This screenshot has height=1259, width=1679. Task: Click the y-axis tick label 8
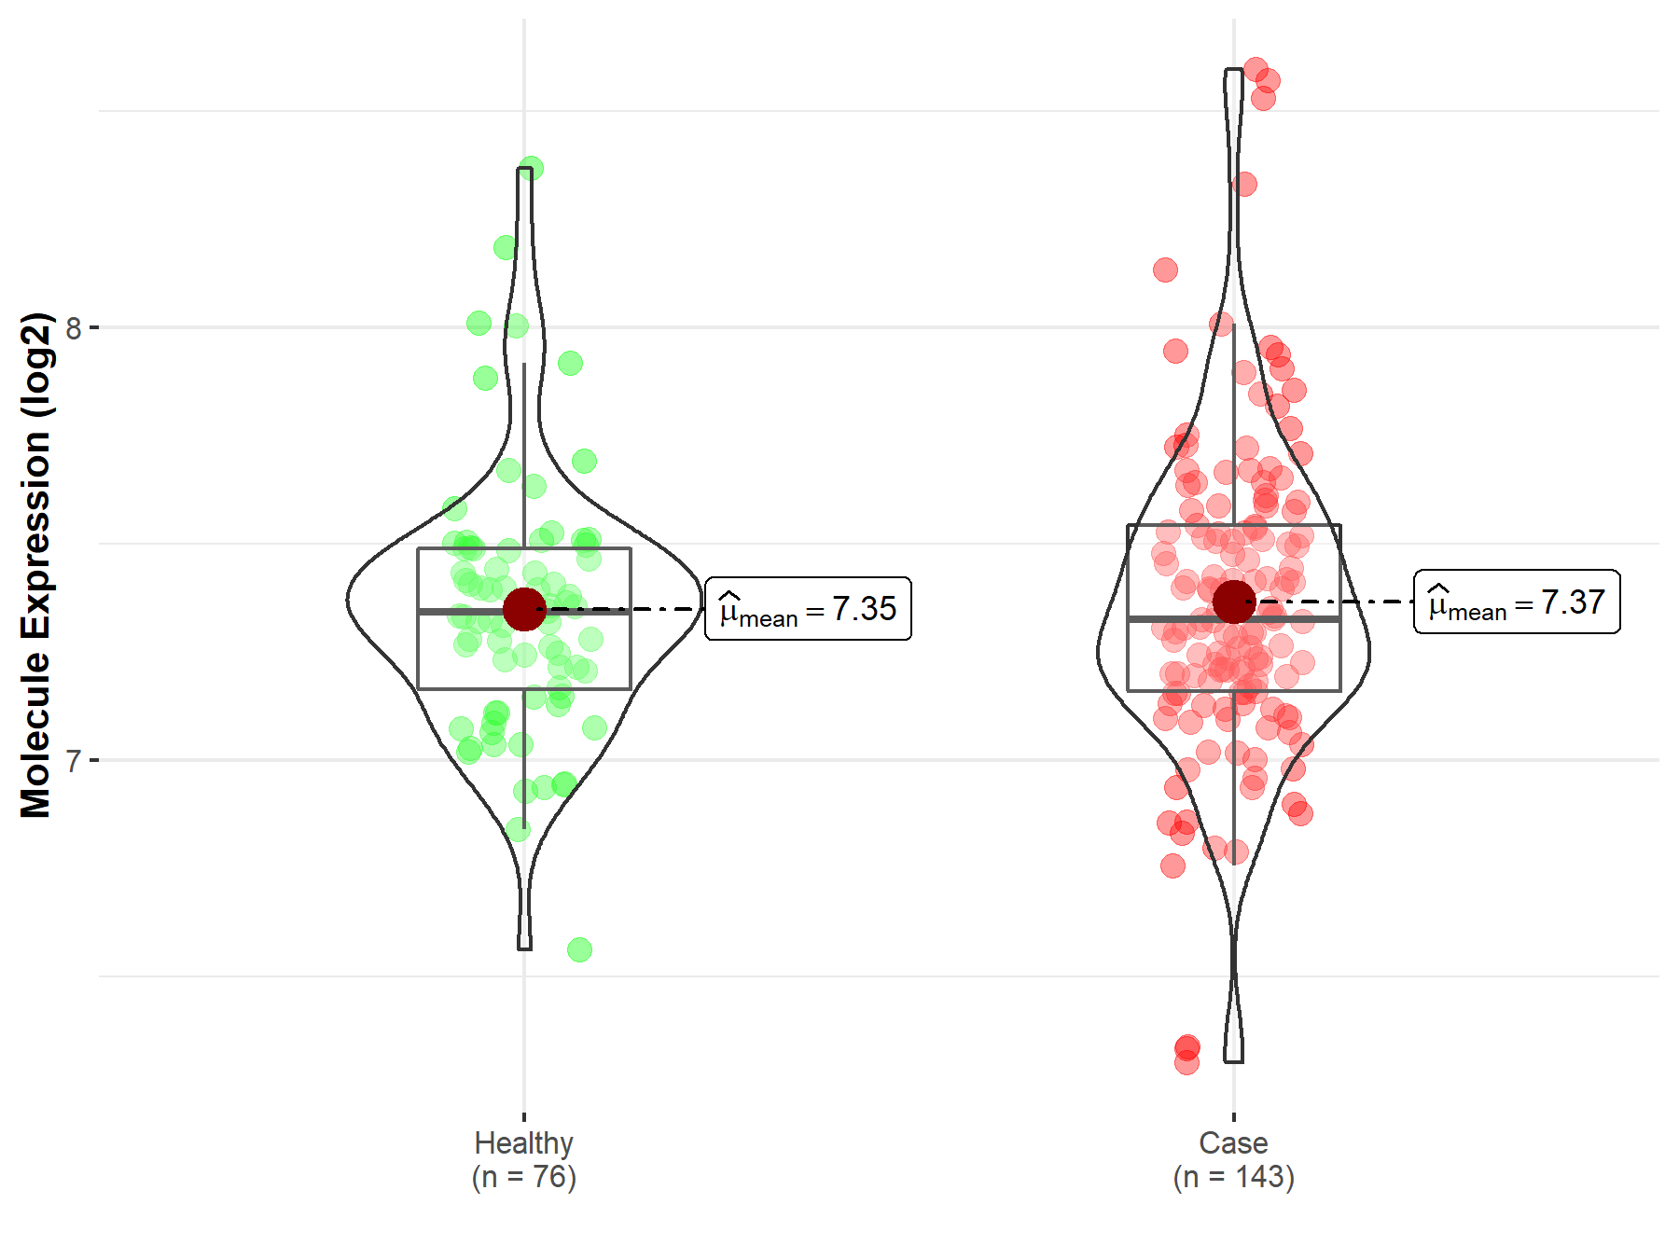click(x=74, y=328)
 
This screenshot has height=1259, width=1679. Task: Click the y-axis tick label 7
click(x=74, y=761)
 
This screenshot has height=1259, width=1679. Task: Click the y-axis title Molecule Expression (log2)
click(x=35, y=565)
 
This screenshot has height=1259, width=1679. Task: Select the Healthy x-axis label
click(x=523, y=1142)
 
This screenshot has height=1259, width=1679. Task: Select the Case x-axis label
click(x=1233, y=1142)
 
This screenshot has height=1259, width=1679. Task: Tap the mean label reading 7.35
click(x=808, y=609)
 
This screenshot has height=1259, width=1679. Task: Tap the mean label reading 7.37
click(x=1517, y=602)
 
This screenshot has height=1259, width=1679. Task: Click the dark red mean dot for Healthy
click(x=524, y=609)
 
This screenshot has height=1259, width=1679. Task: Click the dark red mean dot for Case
click(x=1234, y=602)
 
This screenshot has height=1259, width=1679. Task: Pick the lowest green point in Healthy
click(x=579, y=949)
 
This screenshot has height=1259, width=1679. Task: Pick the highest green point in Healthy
click(x=531, y=169)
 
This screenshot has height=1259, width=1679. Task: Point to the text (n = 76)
click(x=523, y=1177)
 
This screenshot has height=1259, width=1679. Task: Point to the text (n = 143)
click(x=1233, y=1177)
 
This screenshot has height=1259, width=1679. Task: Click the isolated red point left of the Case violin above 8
click(x=1165, y=270)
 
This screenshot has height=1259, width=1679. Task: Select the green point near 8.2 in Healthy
click(x=506, y=247)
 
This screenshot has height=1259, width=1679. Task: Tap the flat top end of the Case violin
click(x=1233, y=70)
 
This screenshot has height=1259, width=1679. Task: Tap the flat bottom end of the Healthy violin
click(x=524, y=948)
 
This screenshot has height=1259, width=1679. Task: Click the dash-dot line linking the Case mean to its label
click(x=1343, y=602)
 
